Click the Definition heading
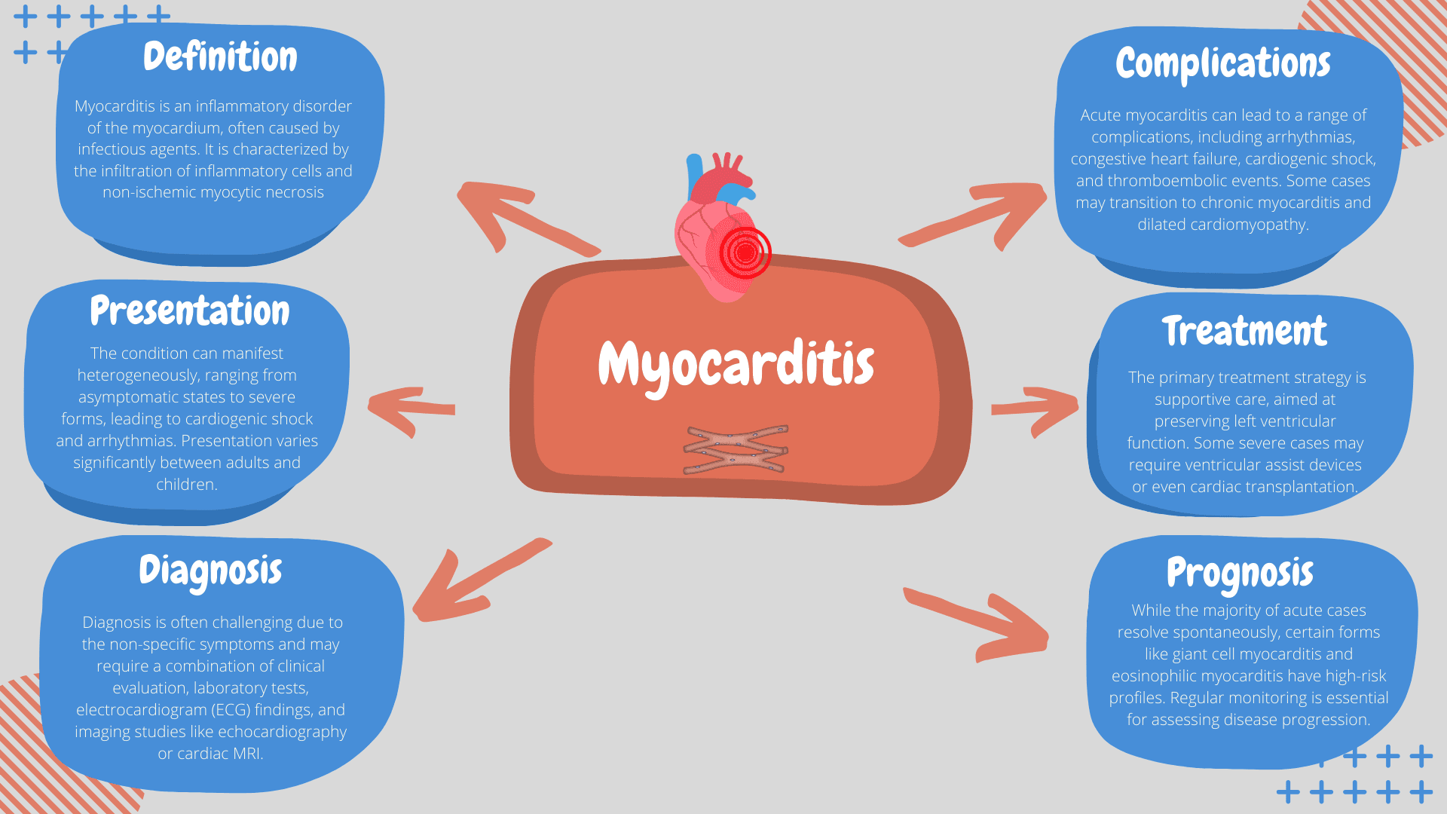tap(220, 57)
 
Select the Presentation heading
tap(189, 311)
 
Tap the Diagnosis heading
tap(210, 571)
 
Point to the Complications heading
tap(1222, 63)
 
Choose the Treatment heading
tap(1244, 331)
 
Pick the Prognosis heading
tap(1240, 573)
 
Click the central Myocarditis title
tap(736, 365)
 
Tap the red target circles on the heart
tap(745, 253)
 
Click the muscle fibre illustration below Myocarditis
tap(736, 450)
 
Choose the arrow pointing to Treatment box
tap(1036, 409)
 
